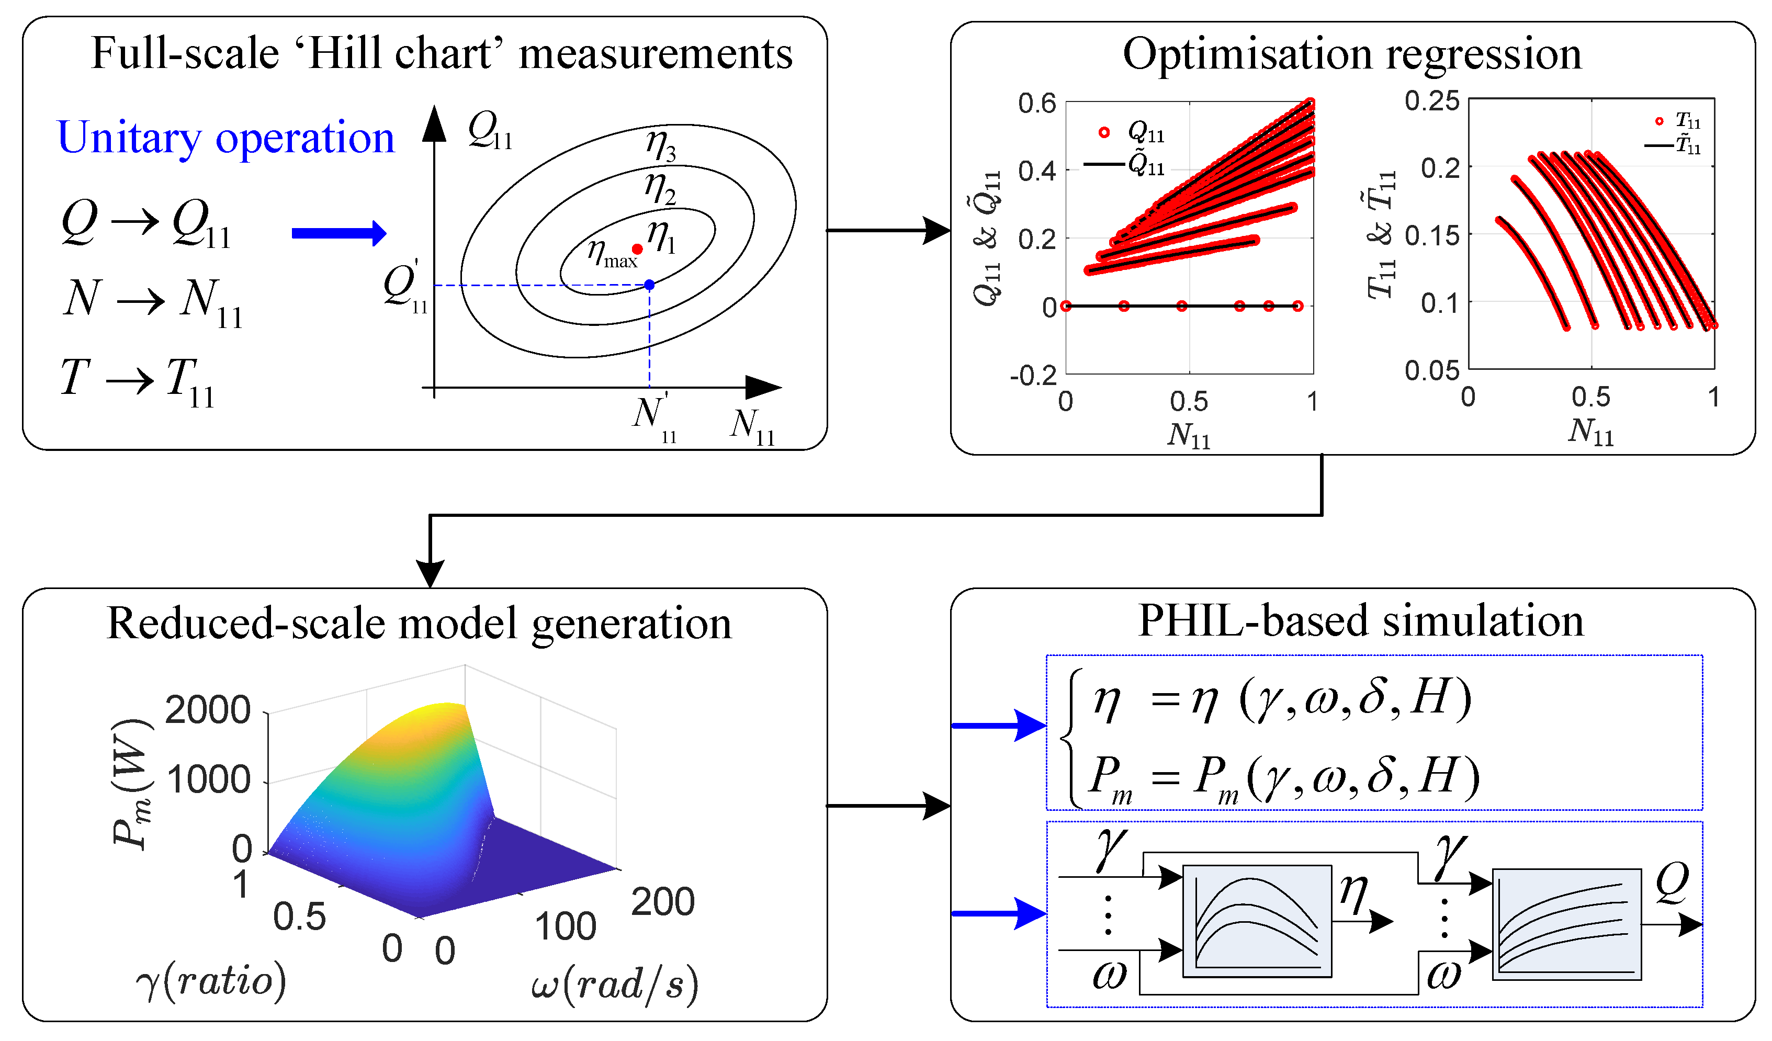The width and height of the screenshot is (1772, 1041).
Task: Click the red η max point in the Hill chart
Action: pyautogui.click(x=637, y=249)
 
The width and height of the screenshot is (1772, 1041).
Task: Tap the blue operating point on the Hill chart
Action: pyautogui.click(x=649, y=285)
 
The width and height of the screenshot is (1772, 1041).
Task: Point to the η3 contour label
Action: pyautogui.click(x=661, y=145)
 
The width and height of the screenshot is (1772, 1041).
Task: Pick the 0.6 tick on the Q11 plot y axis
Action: pyautogui.click(x=1037, y=104)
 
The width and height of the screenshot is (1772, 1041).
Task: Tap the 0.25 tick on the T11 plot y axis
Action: pyautogui.click(x=1431, y=100)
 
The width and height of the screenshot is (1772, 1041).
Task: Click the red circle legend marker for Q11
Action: pyautogui.click(x=1104, y=132)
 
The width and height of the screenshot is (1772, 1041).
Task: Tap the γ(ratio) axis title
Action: pyautogui.click(x=211, y=980)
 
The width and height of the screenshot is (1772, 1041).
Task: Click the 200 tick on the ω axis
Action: pyautogui.click(x=662, y=902)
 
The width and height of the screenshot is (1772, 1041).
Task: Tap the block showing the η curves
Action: pyautogui.click(x=1257, y=921)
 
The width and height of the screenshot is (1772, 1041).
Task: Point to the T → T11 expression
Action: pyautogui.click(x=138, y=380)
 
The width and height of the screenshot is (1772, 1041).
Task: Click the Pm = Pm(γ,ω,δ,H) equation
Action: pyautogui.click(x=1283, y=777)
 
